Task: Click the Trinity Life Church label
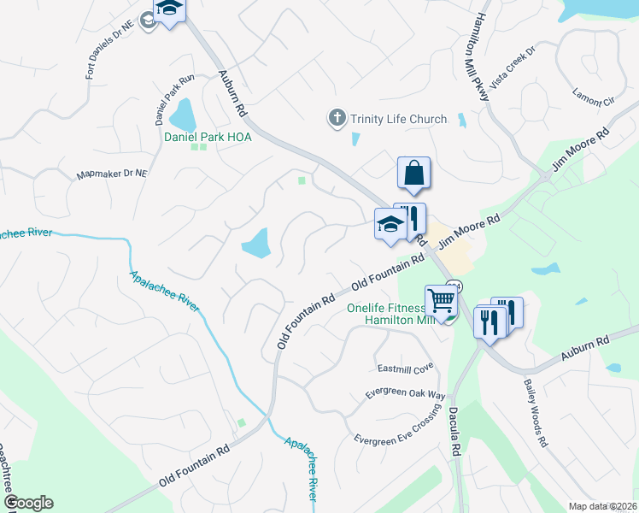coord(399,119)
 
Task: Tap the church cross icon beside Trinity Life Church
coord(337,118)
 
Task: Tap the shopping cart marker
coord(441,301)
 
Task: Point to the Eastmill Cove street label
coord(406,368)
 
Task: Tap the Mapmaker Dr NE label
coord(112,174)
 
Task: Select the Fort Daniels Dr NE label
coord(110,51)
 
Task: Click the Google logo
coord(28,503)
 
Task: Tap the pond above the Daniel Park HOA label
coord(182,112)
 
